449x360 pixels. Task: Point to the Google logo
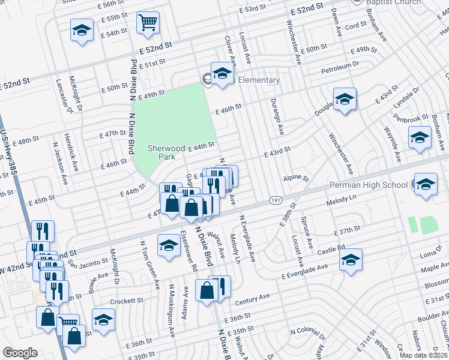(x=20, y=353)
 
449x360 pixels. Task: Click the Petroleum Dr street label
(x=340, y=64)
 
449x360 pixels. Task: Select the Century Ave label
(x=253, y=296)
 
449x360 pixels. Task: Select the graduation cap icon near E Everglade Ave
(x=351, y=260)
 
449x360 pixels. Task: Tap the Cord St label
(x=355, y=26)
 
